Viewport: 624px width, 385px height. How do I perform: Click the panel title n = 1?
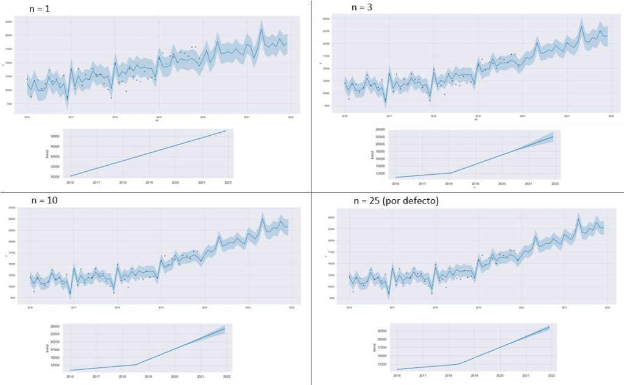pyautogui.click(x=41, y=10)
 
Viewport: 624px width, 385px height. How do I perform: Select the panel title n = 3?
pyautogui.click(x=363, y=7)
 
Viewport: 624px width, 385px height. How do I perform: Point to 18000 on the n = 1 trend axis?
pyautogui.click(x=55, y=137)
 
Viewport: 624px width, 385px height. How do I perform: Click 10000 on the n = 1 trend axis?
pyautogui.click(x=55, y=177)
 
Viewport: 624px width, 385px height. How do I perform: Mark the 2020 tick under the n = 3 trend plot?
pyautogui.click(x=502, y=183)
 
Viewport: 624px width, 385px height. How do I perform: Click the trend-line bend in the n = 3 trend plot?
pyautogui.click(x=450, y=173)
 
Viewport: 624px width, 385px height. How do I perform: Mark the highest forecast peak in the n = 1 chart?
pyautogui.click(x=261, y=29)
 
